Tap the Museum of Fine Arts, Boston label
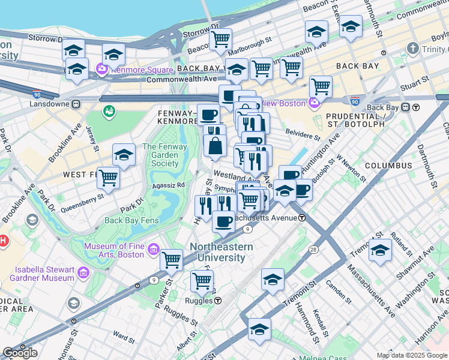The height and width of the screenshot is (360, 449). click(x=114, y=250)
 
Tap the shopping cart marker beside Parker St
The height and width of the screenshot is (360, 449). click(x=172, y=260)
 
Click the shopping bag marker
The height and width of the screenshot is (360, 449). click(x=215, y=146)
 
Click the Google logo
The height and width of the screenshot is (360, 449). click(x=20, y=353)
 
